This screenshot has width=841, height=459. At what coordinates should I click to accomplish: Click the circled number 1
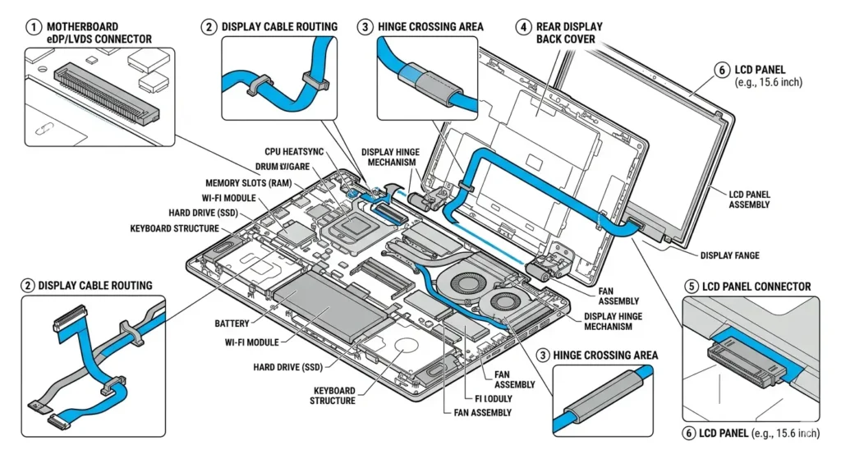coord(34,27)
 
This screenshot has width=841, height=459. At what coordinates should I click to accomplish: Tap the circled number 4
coord(523,27)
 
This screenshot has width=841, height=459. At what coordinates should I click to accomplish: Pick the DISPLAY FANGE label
coord(729,255)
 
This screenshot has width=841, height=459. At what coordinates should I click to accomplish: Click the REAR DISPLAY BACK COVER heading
coord(569,33)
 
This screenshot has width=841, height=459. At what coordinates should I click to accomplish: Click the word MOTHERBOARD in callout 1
coord(82,27)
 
